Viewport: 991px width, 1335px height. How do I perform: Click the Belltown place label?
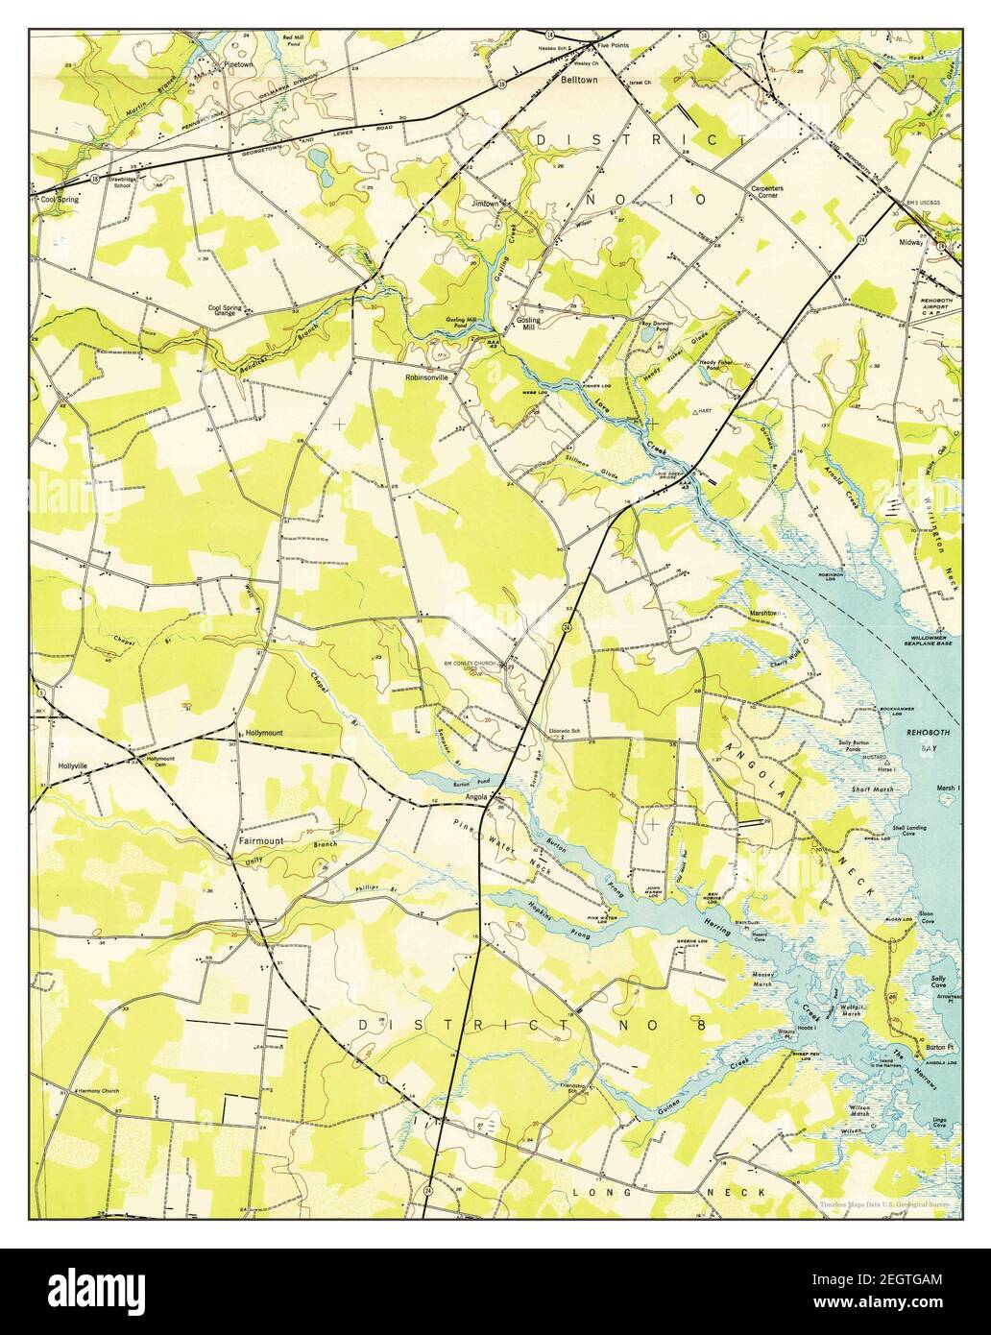[579, 82]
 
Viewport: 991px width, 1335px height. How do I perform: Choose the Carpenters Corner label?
[766, 193]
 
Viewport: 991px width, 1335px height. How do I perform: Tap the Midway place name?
[910, 243]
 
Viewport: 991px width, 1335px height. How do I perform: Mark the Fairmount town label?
[261, 841]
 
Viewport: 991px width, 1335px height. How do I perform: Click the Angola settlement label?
[476, 796]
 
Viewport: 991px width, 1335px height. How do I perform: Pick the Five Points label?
[612, 45]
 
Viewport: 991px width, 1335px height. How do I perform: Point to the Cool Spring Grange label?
[230, 313]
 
